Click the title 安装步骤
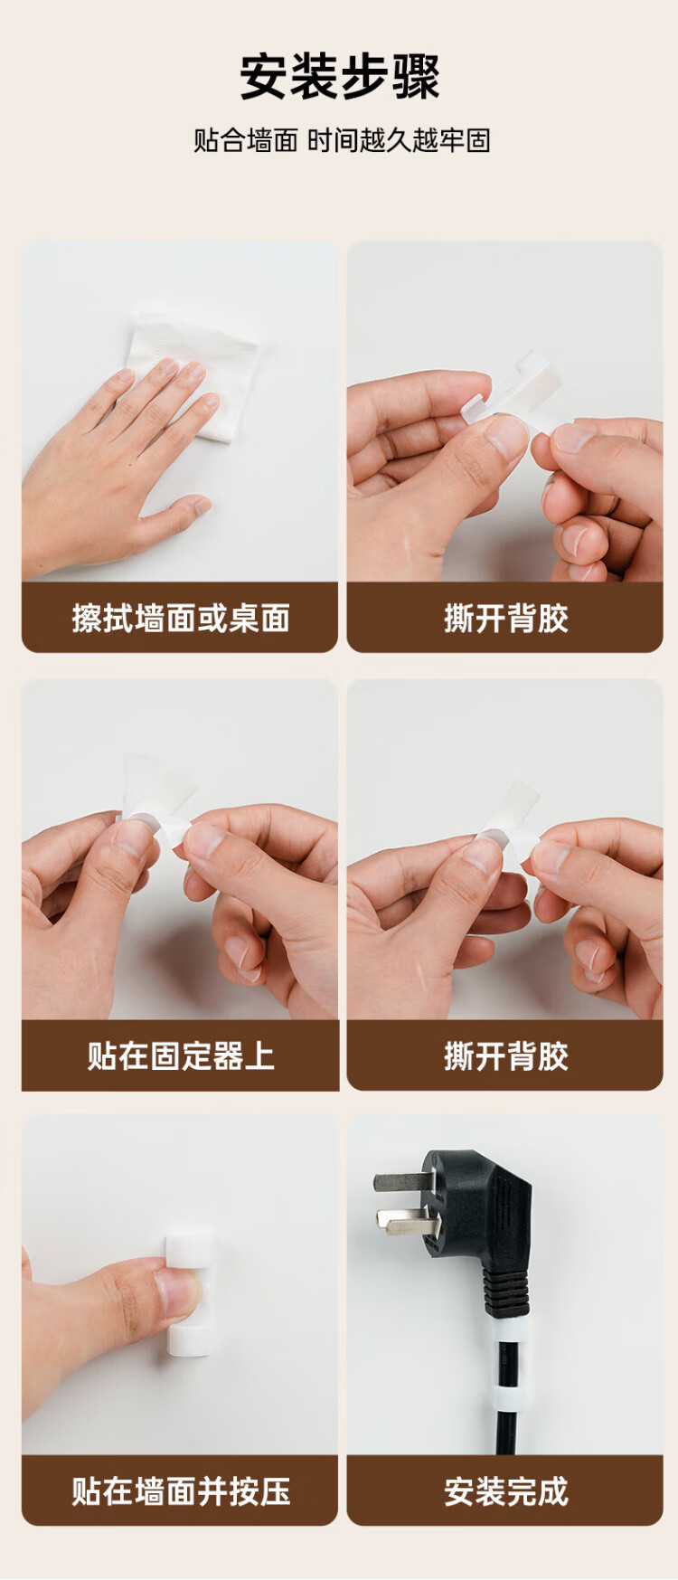(340, 77)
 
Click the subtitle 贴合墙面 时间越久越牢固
(342, 140)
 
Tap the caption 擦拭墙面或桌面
(181, 619)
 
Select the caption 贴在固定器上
(181, 1055)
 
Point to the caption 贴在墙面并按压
(181, 1491)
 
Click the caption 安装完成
(506, 1491)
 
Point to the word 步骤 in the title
(391, 77)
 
